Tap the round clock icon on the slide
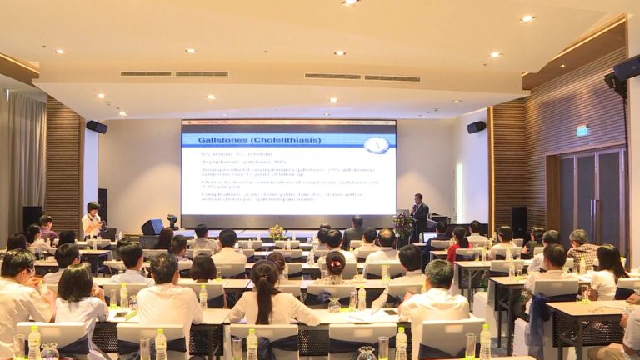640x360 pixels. pos(376,144)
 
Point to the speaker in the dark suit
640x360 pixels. pos(420,214)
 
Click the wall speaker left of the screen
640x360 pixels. pos(97,127)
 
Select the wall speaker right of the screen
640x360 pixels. pos(476,127)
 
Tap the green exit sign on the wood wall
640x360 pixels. pos(582,130)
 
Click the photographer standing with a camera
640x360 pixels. pos(92,218)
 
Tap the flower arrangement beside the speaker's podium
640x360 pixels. pos(403,223)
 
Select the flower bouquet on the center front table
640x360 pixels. pos(277,232)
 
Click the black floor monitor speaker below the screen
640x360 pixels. pos(152,227)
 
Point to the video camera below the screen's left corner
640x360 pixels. pos(172,221)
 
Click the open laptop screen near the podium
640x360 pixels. pos(430,237)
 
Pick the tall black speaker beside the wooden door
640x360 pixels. pos(519,220)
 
